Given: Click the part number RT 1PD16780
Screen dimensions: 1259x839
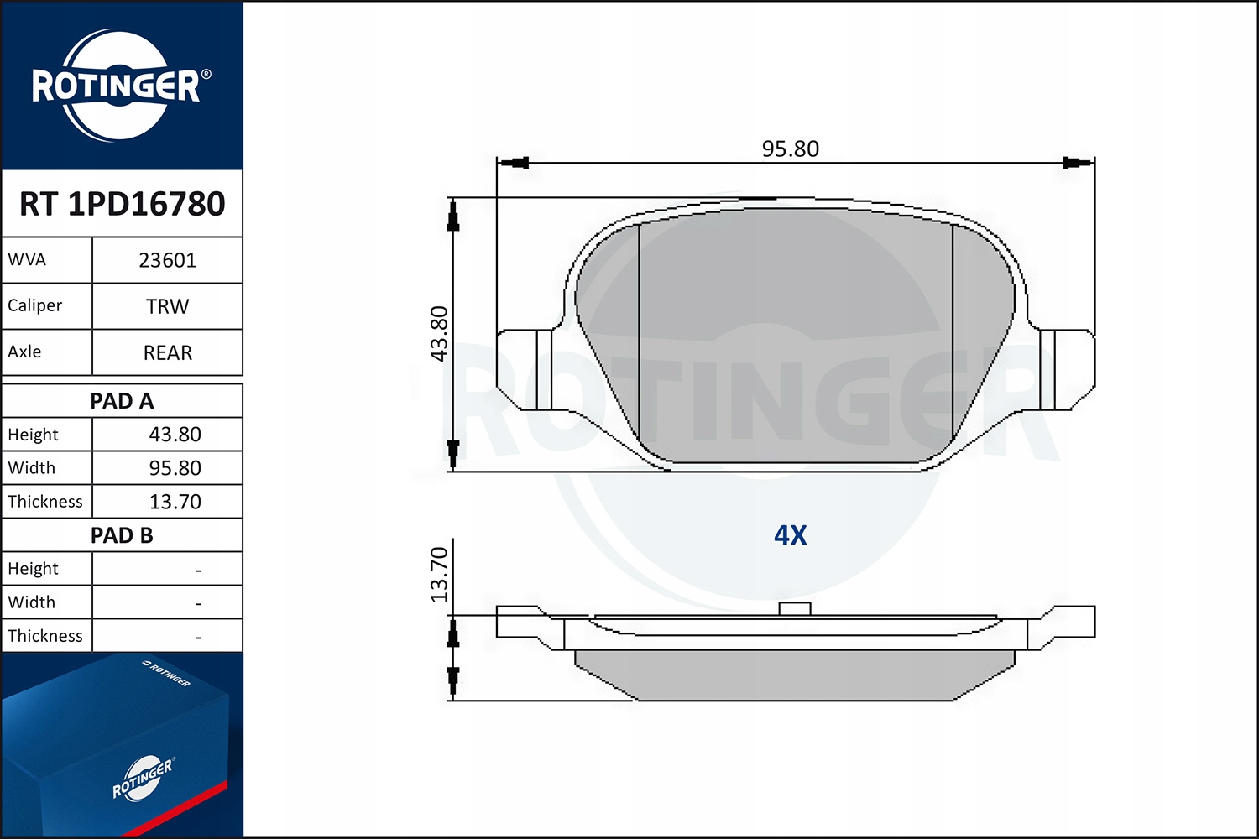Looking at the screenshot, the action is coord(122,203).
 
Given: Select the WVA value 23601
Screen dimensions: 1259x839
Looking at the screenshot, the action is coord(168,260).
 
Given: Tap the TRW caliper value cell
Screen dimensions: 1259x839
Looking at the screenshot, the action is coord(168,306).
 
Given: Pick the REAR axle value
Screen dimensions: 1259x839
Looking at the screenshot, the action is coord(168,352).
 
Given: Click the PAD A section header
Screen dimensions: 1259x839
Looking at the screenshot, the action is coord(122,401).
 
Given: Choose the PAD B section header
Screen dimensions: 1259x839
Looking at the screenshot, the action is coord(122,535).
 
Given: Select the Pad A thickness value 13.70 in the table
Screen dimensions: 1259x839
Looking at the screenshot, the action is coord(175,501).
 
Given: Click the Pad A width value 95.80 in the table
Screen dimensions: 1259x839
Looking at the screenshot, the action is coord(175,467).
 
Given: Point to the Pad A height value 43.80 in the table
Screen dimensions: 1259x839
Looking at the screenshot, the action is coord(175,435).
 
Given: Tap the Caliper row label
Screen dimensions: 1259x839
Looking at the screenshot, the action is coord(35,305).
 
